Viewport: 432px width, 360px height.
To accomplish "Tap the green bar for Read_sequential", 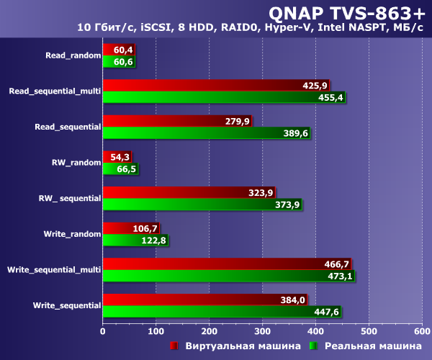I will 194,133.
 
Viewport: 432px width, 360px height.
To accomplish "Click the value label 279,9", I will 237,121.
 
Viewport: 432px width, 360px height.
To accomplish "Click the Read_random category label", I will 72,55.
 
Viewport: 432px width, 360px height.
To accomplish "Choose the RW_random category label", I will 76,163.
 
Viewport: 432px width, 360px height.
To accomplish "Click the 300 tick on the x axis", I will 262,332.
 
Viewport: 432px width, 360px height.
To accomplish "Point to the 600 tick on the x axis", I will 421,332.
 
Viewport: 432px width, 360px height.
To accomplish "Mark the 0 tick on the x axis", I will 103,332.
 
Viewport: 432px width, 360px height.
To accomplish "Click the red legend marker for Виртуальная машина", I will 174,346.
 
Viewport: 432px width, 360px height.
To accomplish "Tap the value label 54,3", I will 118,157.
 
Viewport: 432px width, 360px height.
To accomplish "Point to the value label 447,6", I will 325,312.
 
